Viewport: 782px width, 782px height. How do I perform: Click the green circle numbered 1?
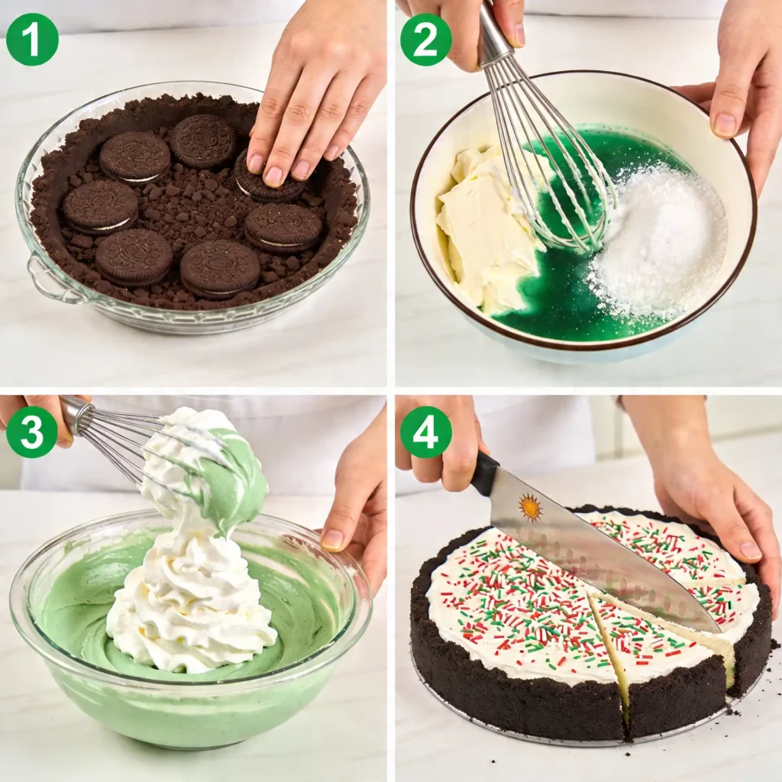pos(32,39)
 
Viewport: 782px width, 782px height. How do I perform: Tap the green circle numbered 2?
pos(425,39)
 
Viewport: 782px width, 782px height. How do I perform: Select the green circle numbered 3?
pos(32,431)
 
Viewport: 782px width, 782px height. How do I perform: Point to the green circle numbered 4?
pos(425,431)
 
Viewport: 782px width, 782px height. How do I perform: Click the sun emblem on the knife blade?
pos(529,507)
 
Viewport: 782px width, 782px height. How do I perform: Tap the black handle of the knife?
pos(484,473)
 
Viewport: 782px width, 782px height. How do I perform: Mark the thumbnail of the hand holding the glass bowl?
pos(333,540)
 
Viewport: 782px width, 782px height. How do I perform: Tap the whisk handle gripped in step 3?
pos(76,415)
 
